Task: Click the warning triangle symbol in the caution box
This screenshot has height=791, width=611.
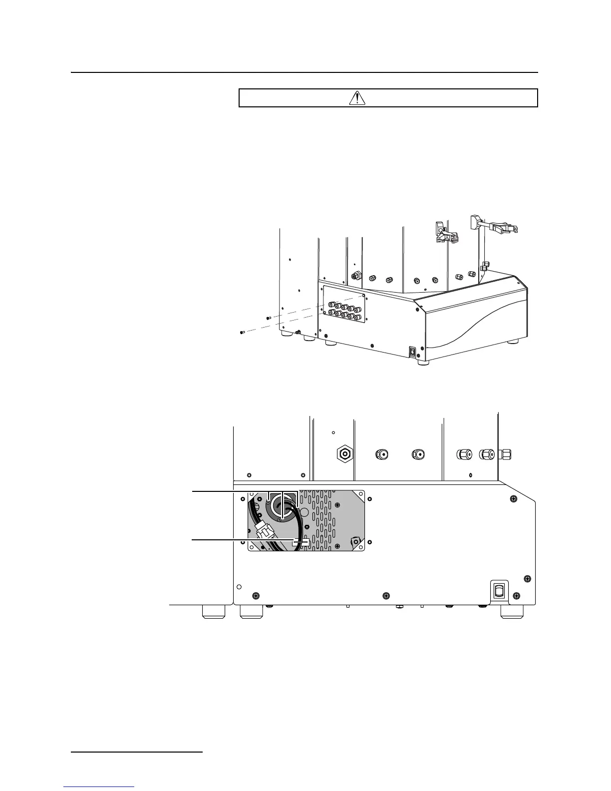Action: point(357,98)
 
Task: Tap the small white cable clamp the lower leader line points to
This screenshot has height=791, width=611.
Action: point(301,543)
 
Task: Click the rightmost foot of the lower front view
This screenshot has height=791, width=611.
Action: point(512,612)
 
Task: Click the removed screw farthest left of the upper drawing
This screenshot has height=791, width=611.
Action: point(242,333)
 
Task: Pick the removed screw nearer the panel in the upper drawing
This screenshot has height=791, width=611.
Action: point(269,318)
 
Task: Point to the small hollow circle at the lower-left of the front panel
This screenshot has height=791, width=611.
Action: point(239,586)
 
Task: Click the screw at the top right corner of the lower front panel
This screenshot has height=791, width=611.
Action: point(513,499)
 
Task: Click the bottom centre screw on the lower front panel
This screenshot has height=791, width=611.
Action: point(385,595)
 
